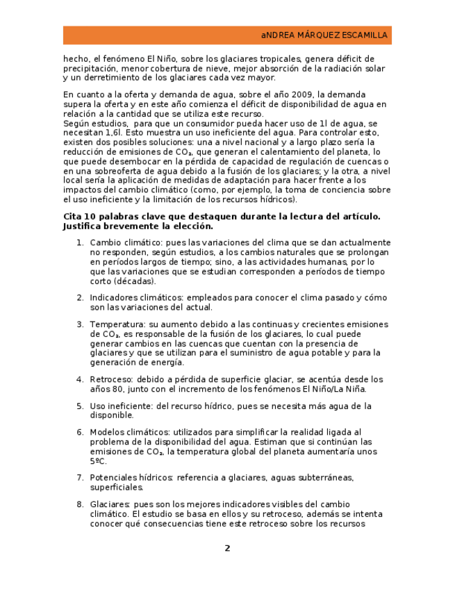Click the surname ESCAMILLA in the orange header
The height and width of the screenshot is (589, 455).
[365, 35]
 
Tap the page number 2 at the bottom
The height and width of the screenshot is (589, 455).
[227, 548]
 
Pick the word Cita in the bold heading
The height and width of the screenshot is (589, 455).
[73, 217]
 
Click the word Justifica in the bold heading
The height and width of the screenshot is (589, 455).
[85, 226]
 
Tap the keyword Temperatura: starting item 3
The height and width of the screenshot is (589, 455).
[117, 324]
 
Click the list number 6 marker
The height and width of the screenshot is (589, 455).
[80, 432]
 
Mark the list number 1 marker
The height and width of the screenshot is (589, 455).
[80, 243]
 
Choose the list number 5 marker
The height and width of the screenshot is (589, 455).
[80, 406]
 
